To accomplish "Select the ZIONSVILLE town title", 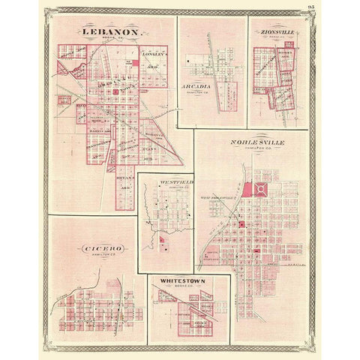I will point(278,33).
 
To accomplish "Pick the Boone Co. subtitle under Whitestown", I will point(180,291).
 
